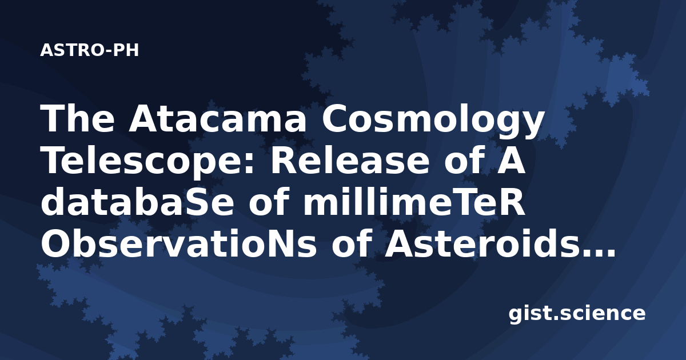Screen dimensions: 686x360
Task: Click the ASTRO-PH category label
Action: pos(89,50)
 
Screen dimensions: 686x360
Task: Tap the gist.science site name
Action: pos(577,314)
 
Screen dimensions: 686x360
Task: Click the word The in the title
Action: pos(78,118)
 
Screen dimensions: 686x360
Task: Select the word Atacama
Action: pos(217,118)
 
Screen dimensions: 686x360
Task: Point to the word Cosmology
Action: pos(432,122)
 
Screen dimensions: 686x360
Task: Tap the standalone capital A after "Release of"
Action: pos(511,161)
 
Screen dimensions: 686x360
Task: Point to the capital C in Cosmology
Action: pos(334,118)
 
